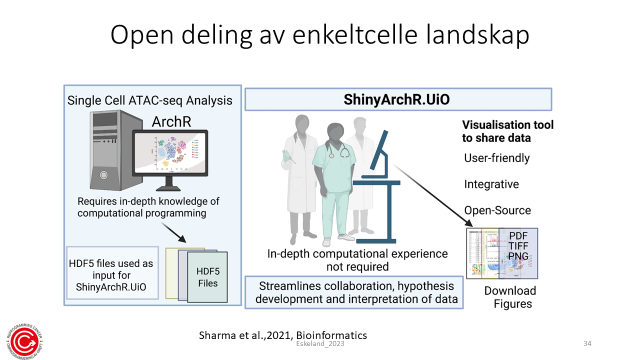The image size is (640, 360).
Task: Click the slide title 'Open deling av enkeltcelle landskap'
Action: [320, 35]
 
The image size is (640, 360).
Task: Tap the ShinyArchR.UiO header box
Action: [398, 99]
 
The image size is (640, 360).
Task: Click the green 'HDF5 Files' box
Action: [207, 277]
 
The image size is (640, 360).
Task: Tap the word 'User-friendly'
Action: [496, 158]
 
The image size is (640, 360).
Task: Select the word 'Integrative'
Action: [491, 184]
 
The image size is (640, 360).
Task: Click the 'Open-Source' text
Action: [497, 210]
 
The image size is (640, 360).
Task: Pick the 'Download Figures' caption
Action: [510, 297]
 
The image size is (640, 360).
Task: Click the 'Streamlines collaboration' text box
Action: [353, 292]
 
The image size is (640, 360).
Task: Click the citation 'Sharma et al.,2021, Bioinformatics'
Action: [283, 335]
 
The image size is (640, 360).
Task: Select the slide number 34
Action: [587, 344]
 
